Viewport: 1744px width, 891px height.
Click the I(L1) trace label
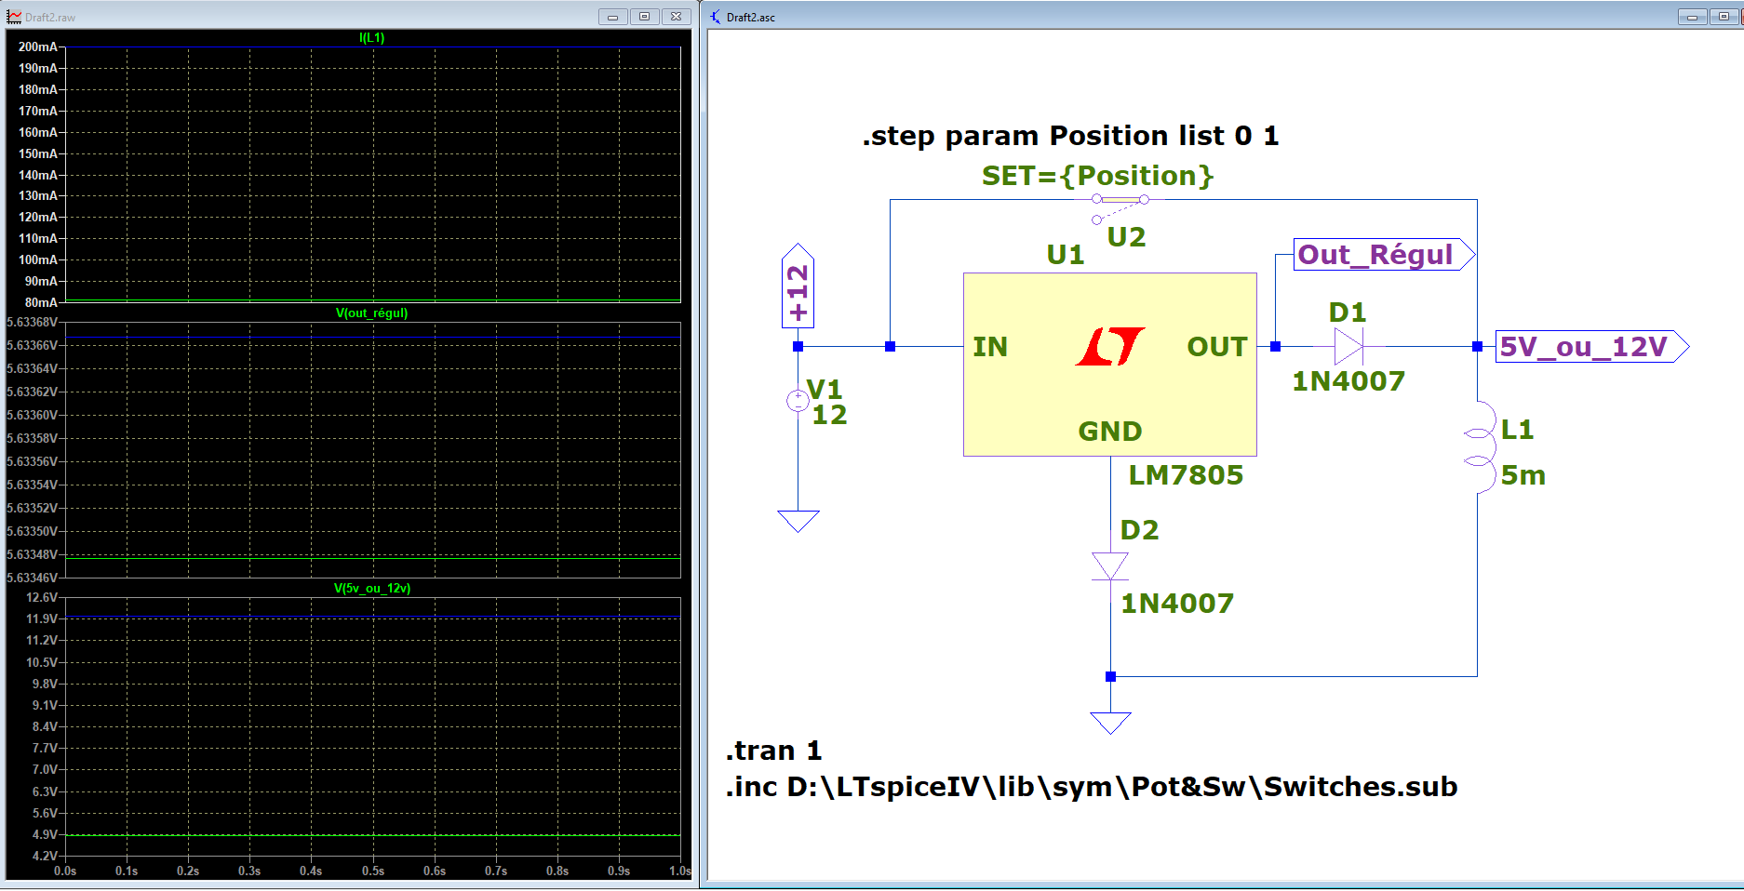pos(371,37)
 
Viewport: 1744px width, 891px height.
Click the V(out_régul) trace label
pos(371,313)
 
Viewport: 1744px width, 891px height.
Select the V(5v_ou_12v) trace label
pos(371,588)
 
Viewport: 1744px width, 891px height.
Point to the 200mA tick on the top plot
pos(37,47)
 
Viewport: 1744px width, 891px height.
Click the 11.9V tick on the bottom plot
pos(41,618)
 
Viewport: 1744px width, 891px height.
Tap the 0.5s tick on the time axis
pos(372,871)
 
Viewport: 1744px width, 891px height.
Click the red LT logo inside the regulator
pos(1110,346)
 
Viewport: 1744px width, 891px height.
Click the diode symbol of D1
pos(1348,346)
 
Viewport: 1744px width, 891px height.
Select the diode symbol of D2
pos(1110,565)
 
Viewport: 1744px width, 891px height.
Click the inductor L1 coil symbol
pos(1480,447)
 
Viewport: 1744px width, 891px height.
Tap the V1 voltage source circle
pos(798,400)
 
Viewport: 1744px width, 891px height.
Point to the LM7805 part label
pos(1186,475)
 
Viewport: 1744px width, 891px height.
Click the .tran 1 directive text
pos(773,751)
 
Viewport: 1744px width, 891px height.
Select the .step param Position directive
pos(1070,136)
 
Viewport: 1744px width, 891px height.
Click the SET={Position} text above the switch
pos(1097,176)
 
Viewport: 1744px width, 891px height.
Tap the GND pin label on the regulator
pos(1109,432)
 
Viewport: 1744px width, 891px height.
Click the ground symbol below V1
pos(798,520)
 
